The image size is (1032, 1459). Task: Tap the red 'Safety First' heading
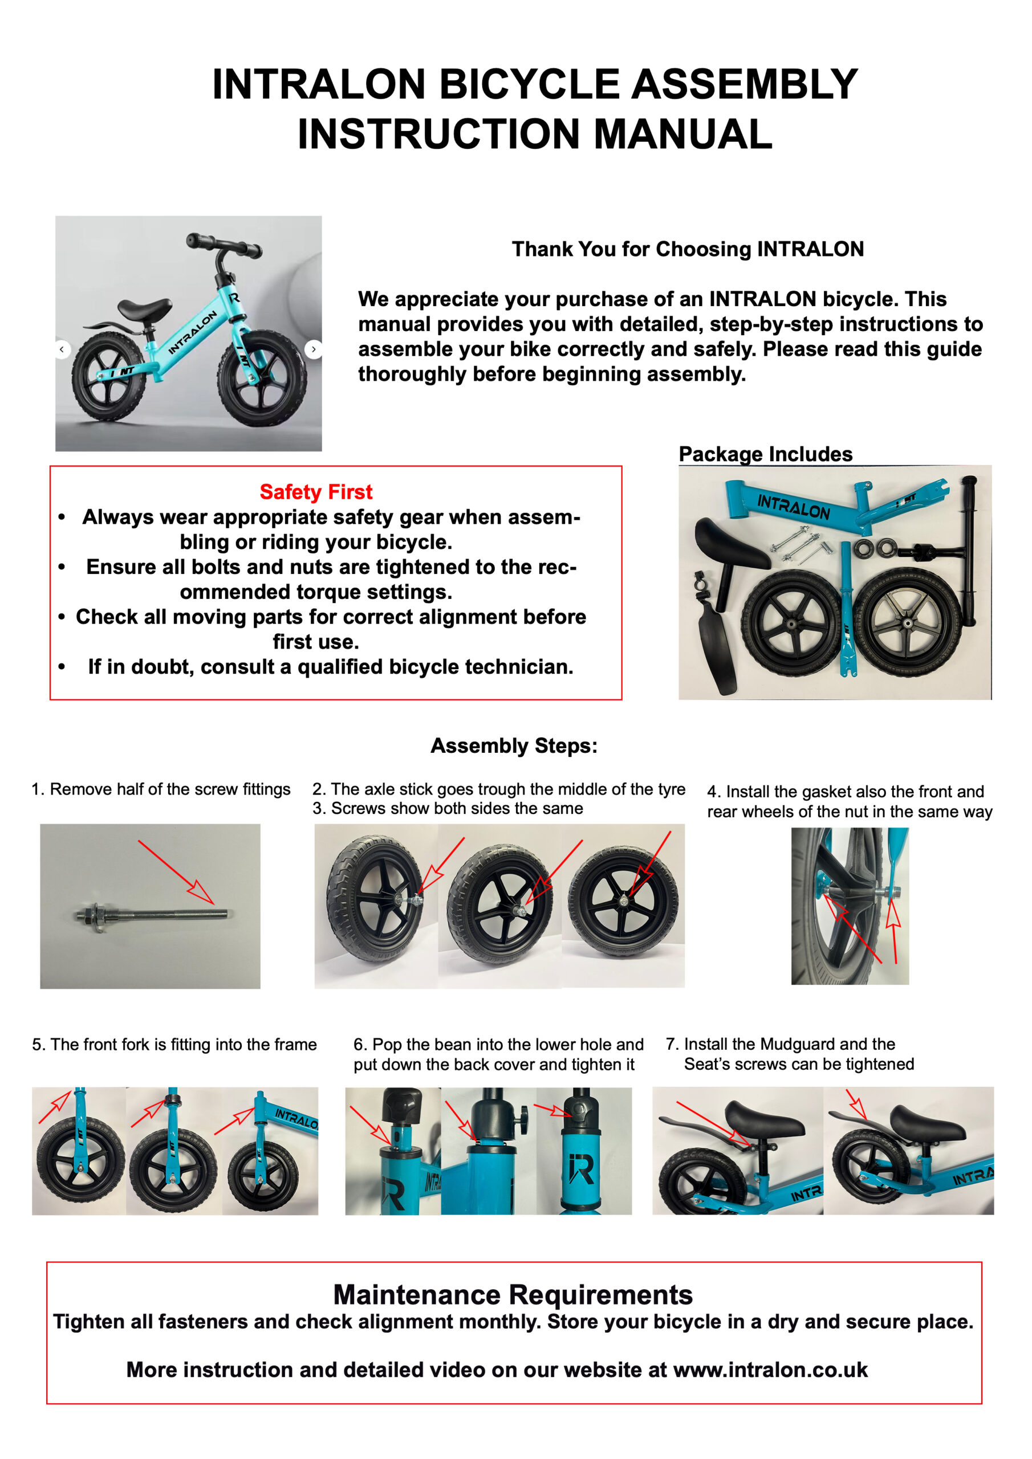(315, 492)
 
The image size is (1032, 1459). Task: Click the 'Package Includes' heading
(765, 454)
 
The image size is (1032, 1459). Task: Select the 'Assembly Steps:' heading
(514, 745)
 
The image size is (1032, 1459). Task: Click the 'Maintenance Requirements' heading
(513, 1294)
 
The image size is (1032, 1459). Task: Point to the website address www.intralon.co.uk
(770, 1370)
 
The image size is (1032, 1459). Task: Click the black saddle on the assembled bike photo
(145, 309)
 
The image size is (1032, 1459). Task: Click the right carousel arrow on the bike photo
(313, 349)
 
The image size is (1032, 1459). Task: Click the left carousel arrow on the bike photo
(62, 349)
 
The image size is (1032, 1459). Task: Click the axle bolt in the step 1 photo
(153, 915)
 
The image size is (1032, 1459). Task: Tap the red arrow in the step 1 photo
(176, 871)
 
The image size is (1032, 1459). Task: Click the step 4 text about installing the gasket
(849, 801)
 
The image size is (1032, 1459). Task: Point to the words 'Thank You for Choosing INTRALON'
(688, 249)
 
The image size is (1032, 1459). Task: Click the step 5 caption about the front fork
(174, 1044)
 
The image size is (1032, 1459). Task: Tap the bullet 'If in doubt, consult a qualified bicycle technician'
(330, 667)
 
